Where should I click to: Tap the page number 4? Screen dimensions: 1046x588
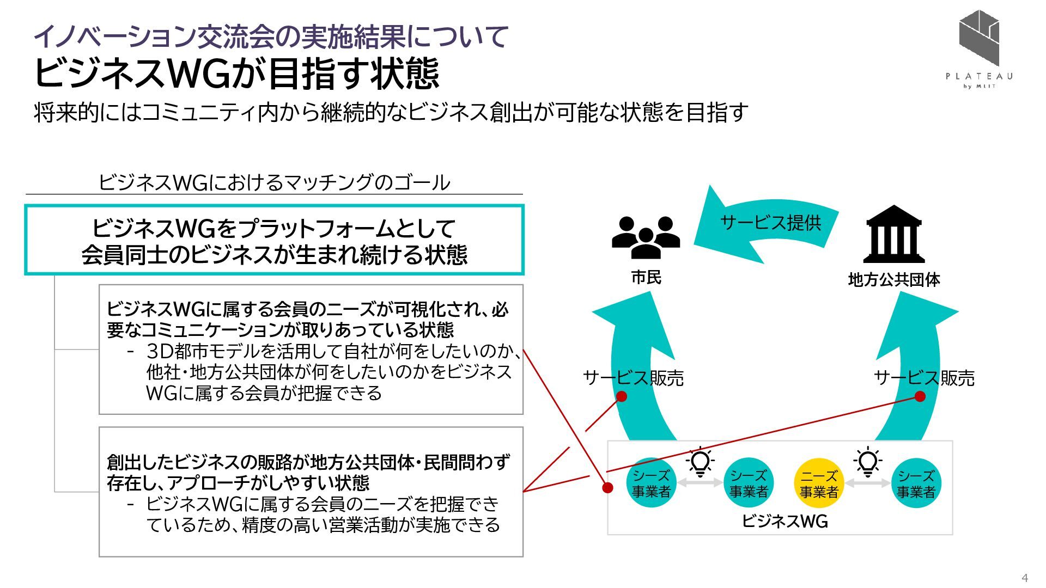pyautogui.click(x=1025, y=578)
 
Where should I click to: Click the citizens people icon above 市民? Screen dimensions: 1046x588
pyautogui.click(x=646, y=237)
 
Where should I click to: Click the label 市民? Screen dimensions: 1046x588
pyautogui.click(x=646, y=278)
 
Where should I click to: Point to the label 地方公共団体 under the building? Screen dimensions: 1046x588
pyautogui.click(x=894, y=280)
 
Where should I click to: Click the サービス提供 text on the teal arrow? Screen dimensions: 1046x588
pyautogui.click(x=770, y=223)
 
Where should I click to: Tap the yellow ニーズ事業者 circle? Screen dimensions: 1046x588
pyautogui.click(x=819, y=483)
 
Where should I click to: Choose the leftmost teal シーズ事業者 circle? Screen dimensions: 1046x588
pyautogui.click(x=651, y=483)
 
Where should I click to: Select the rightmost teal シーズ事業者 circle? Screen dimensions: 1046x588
pyautogui.click(x=916, y=483)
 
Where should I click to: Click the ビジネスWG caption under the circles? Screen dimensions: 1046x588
pyautogui.click(x=784, y=522)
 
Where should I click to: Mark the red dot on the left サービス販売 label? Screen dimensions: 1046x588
pyautogui.click(x=621, y=396)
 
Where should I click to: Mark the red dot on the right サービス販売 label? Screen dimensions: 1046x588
pyautogui.click(x=920, y=396)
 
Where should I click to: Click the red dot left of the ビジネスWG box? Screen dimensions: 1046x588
pyautogui.click(x=607, y=487)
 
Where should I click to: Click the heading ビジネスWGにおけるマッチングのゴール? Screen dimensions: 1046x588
pyautogui.click(x=274, y=182)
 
